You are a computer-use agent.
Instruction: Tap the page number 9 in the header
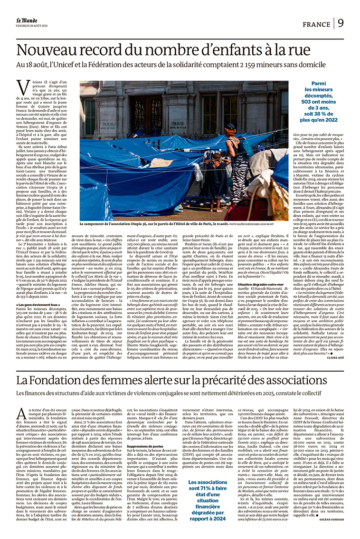click(x=341, y=23)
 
